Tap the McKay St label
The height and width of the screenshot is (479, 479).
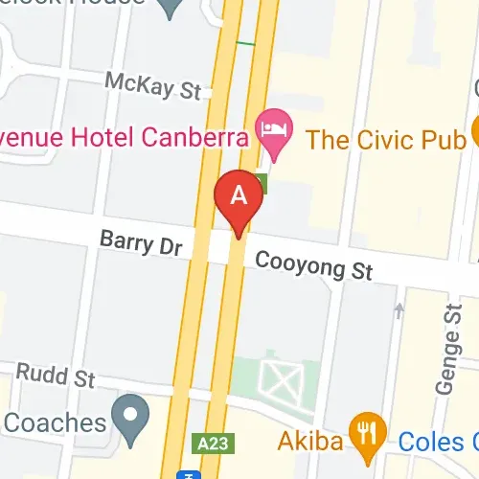pyautogui.click(x=153, y=85)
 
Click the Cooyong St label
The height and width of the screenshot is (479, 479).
pyautogui.click(x=313, y=263)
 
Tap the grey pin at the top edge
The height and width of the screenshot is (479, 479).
pyautogui.click(x=171, y=8)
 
